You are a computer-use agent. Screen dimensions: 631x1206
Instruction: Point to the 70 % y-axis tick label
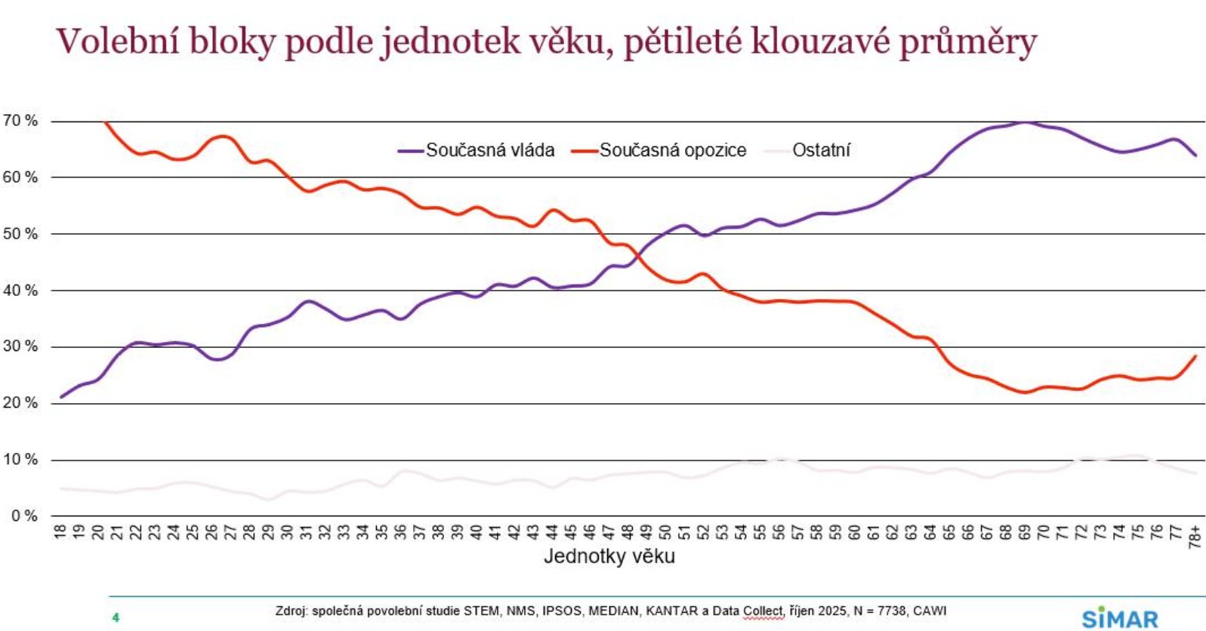click(x=20, y=121)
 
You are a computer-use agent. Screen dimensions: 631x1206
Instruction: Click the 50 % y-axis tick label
click(x=20, y=234)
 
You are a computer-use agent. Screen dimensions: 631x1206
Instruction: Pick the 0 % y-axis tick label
click(x=24, y=516)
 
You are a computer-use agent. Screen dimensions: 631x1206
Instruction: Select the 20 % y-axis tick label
click(x=20, y=403)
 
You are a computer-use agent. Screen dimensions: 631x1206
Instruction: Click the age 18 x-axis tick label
click(x=61, y=531)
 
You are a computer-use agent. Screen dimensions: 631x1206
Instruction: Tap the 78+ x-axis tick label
click(x=1195, y=534)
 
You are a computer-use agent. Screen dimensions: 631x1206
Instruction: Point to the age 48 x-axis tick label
click(x=628, y=531)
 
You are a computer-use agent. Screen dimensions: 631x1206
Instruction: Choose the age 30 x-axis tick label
click(x=288, y=531)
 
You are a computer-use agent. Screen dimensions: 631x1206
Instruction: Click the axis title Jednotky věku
click(x=609, y=557)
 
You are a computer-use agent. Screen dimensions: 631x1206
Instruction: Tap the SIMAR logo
click(x=1120, y=618)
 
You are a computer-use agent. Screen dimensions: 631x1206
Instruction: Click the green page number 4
click(x=116, y=617)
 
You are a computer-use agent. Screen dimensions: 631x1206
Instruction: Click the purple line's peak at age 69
click(x=1025, y=122)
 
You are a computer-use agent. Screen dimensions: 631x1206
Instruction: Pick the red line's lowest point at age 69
click(x=1025, y=392)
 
